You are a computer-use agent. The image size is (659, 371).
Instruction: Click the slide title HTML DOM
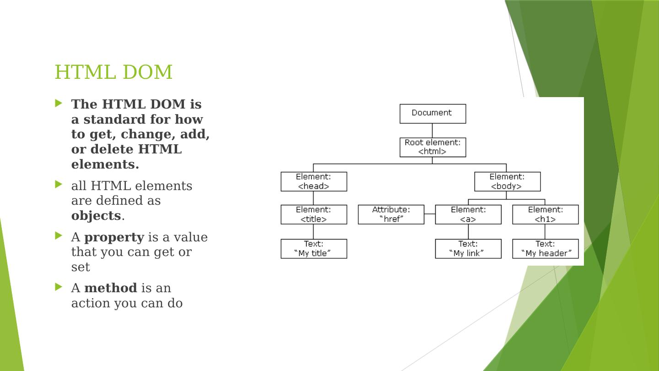click(113, 72)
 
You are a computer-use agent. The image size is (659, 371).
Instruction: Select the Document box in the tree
click(432, 114)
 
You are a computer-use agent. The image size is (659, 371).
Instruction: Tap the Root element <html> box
click(432, 147)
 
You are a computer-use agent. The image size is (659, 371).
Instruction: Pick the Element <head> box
click(313, 181)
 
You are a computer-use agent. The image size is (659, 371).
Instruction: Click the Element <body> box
click(507, 181)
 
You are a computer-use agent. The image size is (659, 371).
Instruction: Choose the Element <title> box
click(313, 214)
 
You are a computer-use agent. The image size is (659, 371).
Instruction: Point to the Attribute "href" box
click(391, 214)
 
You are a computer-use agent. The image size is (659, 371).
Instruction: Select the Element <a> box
click(468, 214)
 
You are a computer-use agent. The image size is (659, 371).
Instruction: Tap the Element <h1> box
click(545, 214)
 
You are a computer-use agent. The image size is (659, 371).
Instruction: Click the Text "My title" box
click(313, 249)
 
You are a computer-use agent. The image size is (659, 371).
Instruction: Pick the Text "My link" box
click(468, 249)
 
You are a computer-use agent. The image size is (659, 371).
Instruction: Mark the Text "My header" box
click(545, 249)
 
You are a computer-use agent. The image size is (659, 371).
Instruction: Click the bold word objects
click(96, 216)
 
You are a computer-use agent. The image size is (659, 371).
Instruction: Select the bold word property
click(114, 237)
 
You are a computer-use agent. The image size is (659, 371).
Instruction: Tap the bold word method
click(110, 288)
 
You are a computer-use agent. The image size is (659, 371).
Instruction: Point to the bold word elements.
click(105, 164)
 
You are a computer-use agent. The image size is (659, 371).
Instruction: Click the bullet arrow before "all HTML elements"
click(58, 185)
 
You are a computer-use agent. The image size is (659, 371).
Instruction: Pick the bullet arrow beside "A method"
click(58, 287)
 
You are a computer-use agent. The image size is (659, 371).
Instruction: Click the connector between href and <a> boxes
click(429, 214)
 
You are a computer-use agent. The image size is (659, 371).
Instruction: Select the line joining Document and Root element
click(432, 131)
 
